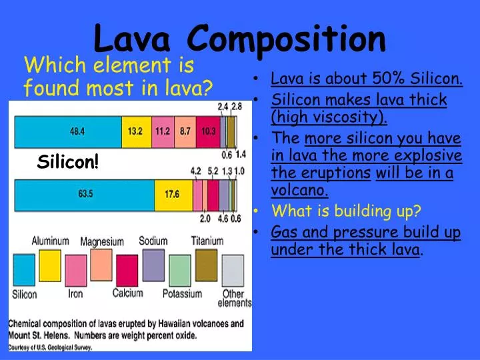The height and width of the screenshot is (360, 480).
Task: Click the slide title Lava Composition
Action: coord(239,38)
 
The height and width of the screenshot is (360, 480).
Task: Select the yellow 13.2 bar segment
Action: coord(136,131)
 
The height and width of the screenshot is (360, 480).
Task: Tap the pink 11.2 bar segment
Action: coord(163,131)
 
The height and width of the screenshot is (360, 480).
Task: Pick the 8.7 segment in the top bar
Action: coord(185,131)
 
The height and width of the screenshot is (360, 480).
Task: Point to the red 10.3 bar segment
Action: coord(208,131)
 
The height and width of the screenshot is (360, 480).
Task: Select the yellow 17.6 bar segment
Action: coord(173,194)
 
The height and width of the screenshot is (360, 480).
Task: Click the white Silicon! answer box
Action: coord(67,161)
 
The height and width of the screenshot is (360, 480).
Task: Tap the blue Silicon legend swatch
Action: coord(24,271)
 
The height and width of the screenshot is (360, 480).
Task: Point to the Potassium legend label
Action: coord(182,293)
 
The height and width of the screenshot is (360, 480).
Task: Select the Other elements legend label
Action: coord(234,298)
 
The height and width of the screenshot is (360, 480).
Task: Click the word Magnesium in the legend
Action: coord(102,241)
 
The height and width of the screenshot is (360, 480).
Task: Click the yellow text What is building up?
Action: coord(346,211)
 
